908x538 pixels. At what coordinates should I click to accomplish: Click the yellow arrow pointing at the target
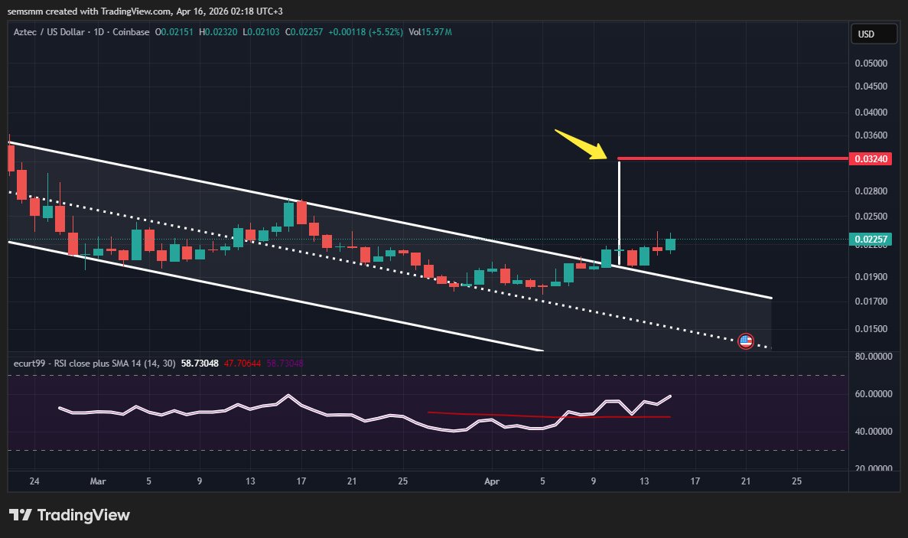click(x=580, y=144)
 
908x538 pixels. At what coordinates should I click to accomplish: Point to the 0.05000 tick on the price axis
click(x=871, y=64)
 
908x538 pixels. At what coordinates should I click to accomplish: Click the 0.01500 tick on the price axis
click(x=871, y=329)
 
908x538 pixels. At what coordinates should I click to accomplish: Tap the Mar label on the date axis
click(x=97, y=481)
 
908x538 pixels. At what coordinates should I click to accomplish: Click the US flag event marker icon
click(x=745, y=341)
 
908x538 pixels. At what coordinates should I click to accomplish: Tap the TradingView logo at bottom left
click(x=70, y=515)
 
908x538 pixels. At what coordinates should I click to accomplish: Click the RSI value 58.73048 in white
click(x=200, y=363)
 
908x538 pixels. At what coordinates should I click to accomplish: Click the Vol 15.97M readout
click(x=430, y=32)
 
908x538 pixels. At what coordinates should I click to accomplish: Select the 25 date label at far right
click(x=796, y=481)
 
